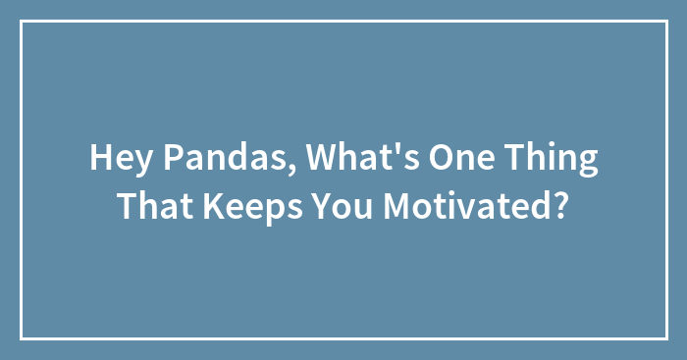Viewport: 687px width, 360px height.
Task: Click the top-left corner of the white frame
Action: (x=22, y=22)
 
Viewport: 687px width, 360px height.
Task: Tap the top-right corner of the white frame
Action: (x=665, y=22)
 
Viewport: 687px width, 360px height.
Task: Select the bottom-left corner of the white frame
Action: (x=22, y=338)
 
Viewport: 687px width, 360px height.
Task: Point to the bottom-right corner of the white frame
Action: (x=665, y=338)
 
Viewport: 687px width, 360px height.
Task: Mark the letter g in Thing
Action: (x=586, y=164)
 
